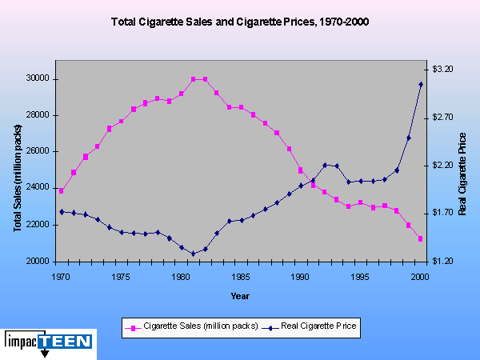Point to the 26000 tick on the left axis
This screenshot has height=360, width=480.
pos(38,152)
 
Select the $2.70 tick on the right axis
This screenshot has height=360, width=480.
pos(442,118)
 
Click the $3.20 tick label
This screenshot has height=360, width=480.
pos(442,70)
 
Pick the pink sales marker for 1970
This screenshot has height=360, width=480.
pos(62,190)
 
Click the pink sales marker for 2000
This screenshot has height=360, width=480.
pos(420,238)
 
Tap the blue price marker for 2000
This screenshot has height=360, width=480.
pos(420,84)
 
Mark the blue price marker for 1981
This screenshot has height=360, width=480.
pos(193,254)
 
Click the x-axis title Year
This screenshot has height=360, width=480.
pos(240,296)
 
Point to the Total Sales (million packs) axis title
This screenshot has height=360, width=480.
pos(18,178)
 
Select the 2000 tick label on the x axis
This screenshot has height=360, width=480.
pos(420,276)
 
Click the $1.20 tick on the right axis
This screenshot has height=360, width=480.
pos(442,262)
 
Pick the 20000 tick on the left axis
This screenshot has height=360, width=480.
pos(38,262)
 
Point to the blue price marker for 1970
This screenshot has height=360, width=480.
pos(62,212)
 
